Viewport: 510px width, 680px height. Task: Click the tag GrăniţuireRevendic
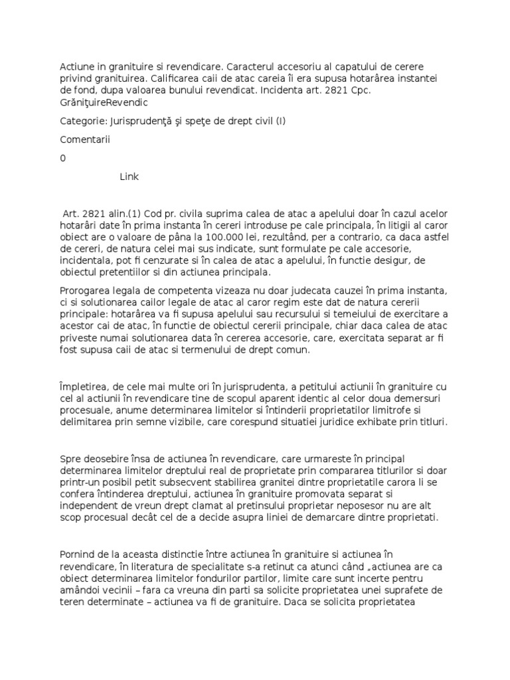tap(104, 103)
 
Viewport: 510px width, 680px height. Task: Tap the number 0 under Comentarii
tap(63, 158)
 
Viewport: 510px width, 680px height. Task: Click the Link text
tap(129, 177)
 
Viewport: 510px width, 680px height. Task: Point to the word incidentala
tap(90, 261)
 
